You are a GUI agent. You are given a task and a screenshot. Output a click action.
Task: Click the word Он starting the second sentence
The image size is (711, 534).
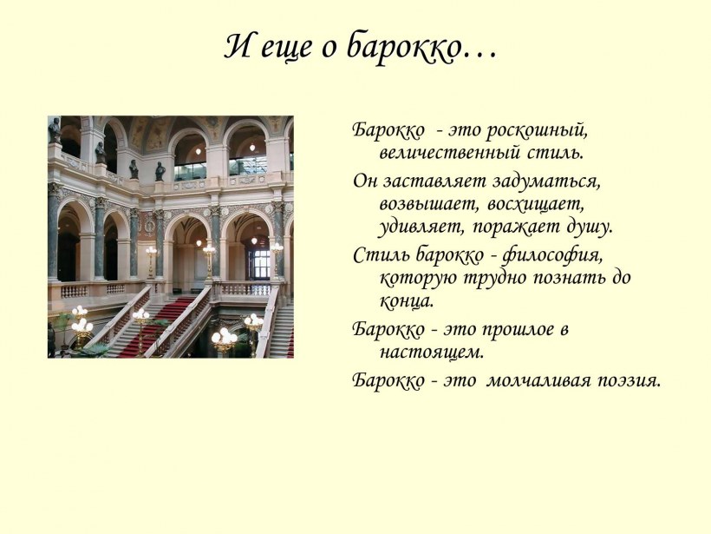pyautogui.click(x=364, y=181)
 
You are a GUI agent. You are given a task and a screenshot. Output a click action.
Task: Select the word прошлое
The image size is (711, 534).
pyautogui.click(x=511, y=330)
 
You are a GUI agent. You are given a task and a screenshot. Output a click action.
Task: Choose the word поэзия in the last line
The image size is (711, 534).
pyautogui.click(x=628, y=380)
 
